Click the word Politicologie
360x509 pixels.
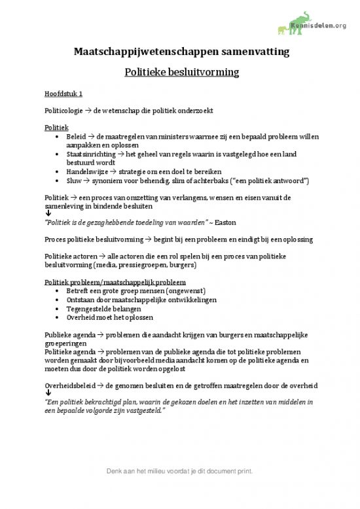click(x=64, y=110)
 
